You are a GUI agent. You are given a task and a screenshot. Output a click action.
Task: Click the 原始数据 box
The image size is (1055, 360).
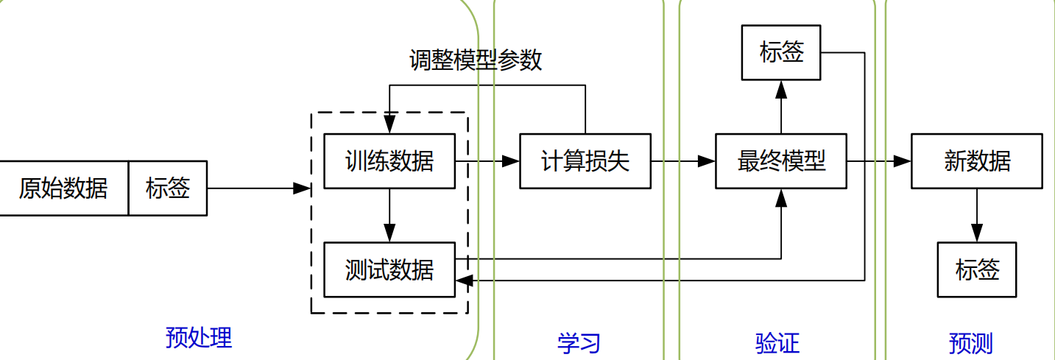tap(63, 188)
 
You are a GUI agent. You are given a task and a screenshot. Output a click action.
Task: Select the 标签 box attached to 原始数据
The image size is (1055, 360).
tap(168, 188)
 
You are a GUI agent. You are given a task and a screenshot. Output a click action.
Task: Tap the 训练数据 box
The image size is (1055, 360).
tap(389, 160)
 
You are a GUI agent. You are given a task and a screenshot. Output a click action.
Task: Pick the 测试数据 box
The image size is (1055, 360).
tap(389, 269)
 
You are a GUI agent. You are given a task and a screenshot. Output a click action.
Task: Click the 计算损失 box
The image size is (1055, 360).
tap(585, 160)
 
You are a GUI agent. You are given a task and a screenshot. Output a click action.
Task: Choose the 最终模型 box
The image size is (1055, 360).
tap(781, 160)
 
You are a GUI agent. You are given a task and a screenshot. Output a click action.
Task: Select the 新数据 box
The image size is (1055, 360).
tap(977, 160)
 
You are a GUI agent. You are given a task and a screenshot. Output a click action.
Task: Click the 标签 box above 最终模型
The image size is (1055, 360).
tap(781, 52)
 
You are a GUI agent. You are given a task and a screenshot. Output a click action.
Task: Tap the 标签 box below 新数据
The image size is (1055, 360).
tap(977, 269)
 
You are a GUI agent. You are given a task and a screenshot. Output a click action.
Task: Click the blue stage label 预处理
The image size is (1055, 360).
tap(199, 338)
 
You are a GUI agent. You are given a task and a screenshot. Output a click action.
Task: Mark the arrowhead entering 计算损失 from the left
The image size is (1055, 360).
tap(511, 160)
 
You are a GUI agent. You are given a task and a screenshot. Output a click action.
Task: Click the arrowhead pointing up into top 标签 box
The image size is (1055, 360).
tap(781, 90)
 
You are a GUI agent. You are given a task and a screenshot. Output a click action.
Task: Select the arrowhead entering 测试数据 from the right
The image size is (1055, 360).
tap(465, 280)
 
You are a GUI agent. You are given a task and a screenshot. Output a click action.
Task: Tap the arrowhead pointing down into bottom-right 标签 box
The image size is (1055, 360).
tap(977, 233)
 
